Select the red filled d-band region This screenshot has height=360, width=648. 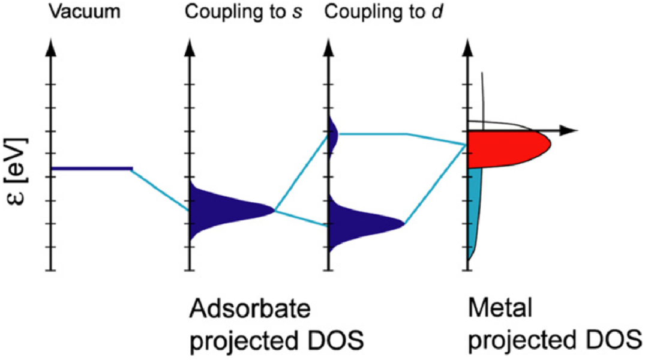coord(508,149)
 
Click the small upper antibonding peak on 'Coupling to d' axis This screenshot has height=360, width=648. coord(334,133)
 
